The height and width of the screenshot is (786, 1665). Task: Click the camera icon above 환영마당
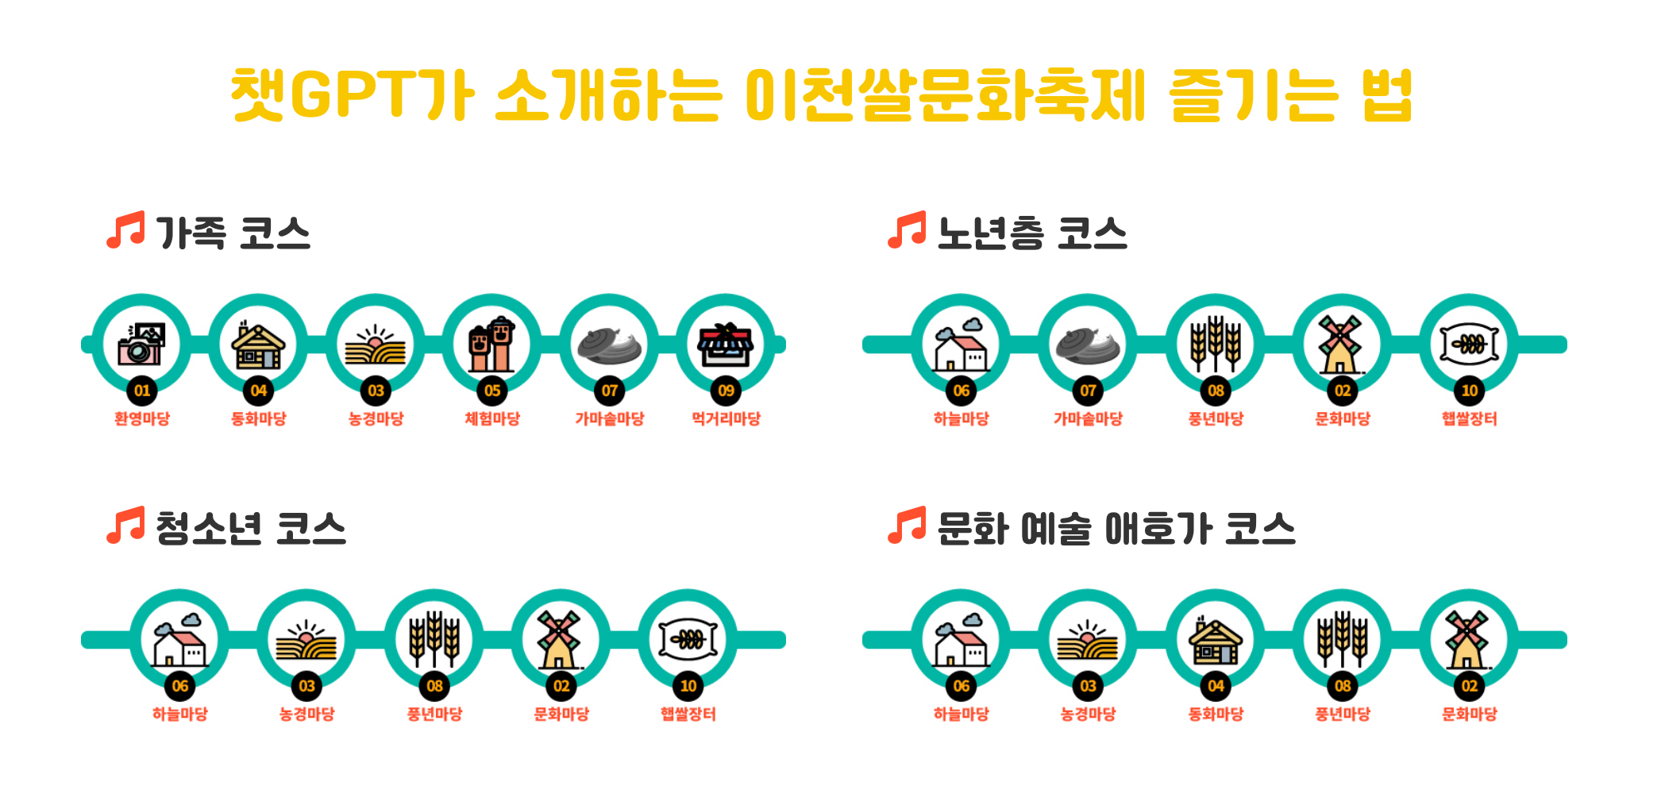[x=141, y=344]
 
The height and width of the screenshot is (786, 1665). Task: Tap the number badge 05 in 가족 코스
[x=492, y=391]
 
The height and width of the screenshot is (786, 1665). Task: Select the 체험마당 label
[x=492, y=418]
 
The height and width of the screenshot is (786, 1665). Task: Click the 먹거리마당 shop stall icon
[x=726, y=345]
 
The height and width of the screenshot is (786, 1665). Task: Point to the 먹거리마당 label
[x=726, y=418]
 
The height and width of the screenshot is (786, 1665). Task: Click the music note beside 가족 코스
[x=125, y=230]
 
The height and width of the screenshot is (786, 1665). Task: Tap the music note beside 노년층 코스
[x=907, y=230]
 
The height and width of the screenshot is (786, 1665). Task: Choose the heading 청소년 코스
[x=251, y=529]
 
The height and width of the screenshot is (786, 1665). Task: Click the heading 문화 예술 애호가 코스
[x=1116, y=529]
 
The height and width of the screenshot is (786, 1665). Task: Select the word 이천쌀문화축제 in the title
[x=945, y=96]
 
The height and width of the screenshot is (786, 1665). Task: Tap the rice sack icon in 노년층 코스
[x=1469, y=345]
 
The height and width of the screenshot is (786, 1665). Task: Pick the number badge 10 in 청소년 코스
[x=688, y=686]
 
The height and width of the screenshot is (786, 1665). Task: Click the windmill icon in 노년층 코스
[x=1342, y=345]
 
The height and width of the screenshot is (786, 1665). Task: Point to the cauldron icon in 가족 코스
[x=609, y=345]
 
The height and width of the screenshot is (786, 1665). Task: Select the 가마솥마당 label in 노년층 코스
[x=1088, y=418]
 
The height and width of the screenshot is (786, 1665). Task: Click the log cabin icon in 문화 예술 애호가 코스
[x=1215, y=640]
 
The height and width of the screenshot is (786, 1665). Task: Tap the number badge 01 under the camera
[x=142, y=391]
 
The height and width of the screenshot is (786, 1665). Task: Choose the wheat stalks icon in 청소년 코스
[x=434, y=638]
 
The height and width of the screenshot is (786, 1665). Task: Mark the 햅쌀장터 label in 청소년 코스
[x=688, y=714]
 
